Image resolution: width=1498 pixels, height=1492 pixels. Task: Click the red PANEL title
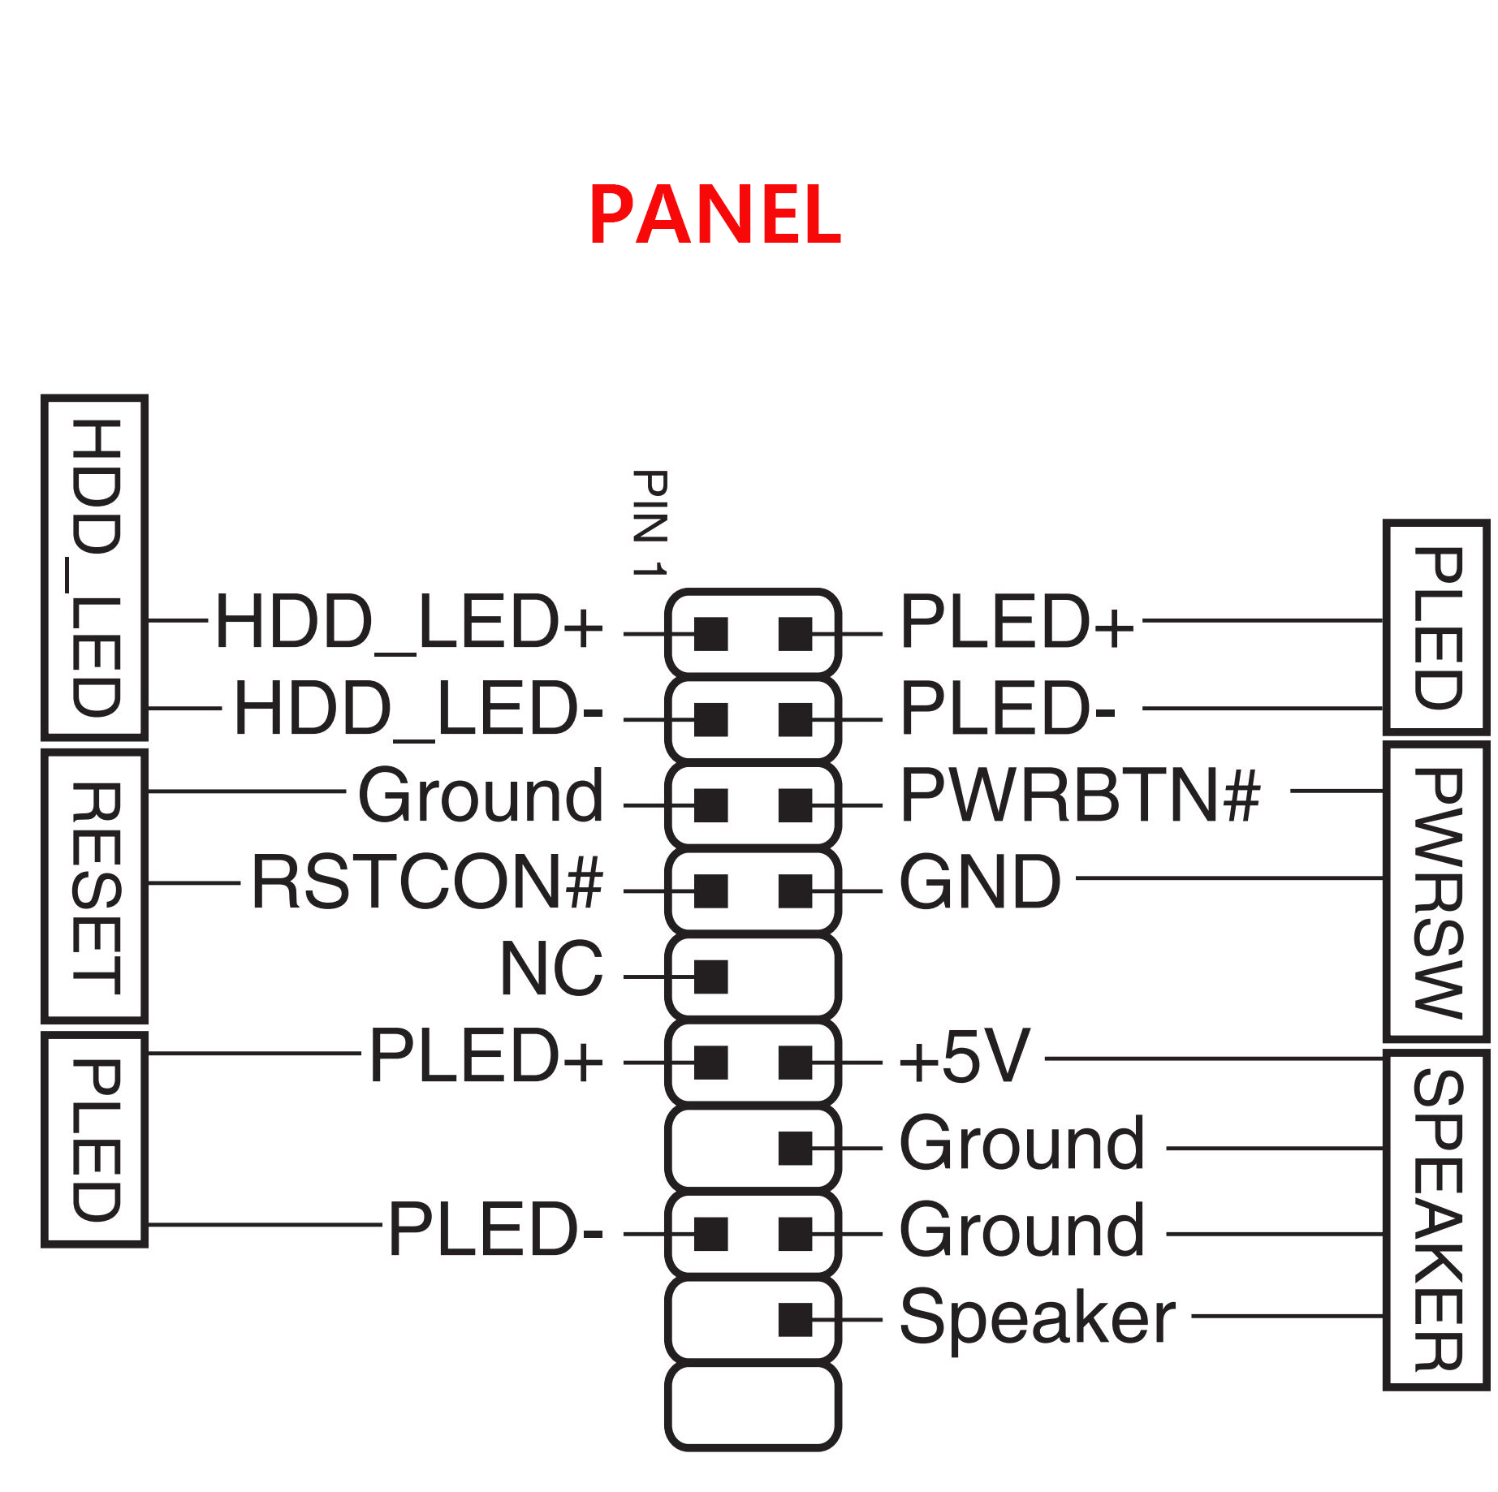point(714,214)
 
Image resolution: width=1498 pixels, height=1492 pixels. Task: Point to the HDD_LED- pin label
point(418,709)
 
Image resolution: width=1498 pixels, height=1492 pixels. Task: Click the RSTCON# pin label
point(427,882)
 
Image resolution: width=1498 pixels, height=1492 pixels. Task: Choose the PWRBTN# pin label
point(1080,796)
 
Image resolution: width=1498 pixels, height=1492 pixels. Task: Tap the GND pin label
point(980,882)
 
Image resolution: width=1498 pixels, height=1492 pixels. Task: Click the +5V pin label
point(965,1057)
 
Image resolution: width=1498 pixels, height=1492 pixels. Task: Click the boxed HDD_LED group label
point(96,567)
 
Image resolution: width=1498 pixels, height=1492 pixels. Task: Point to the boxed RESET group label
point(96,887)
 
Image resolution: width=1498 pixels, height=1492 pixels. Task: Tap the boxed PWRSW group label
point(1437,892)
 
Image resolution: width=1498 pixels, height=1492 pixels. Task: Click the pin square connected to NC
point(711,977)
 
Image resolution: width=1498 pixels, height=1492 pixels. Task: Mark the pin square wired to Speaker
point(795,1319)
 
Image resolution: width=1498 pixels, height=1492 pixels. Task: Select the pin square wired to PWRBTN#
point(795,805)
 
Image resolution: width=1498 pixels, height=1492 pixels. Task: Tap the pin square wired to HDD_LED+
point(711,634)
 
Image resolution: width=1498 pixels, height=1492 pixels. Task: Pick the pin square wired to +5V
point(795,1063)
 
